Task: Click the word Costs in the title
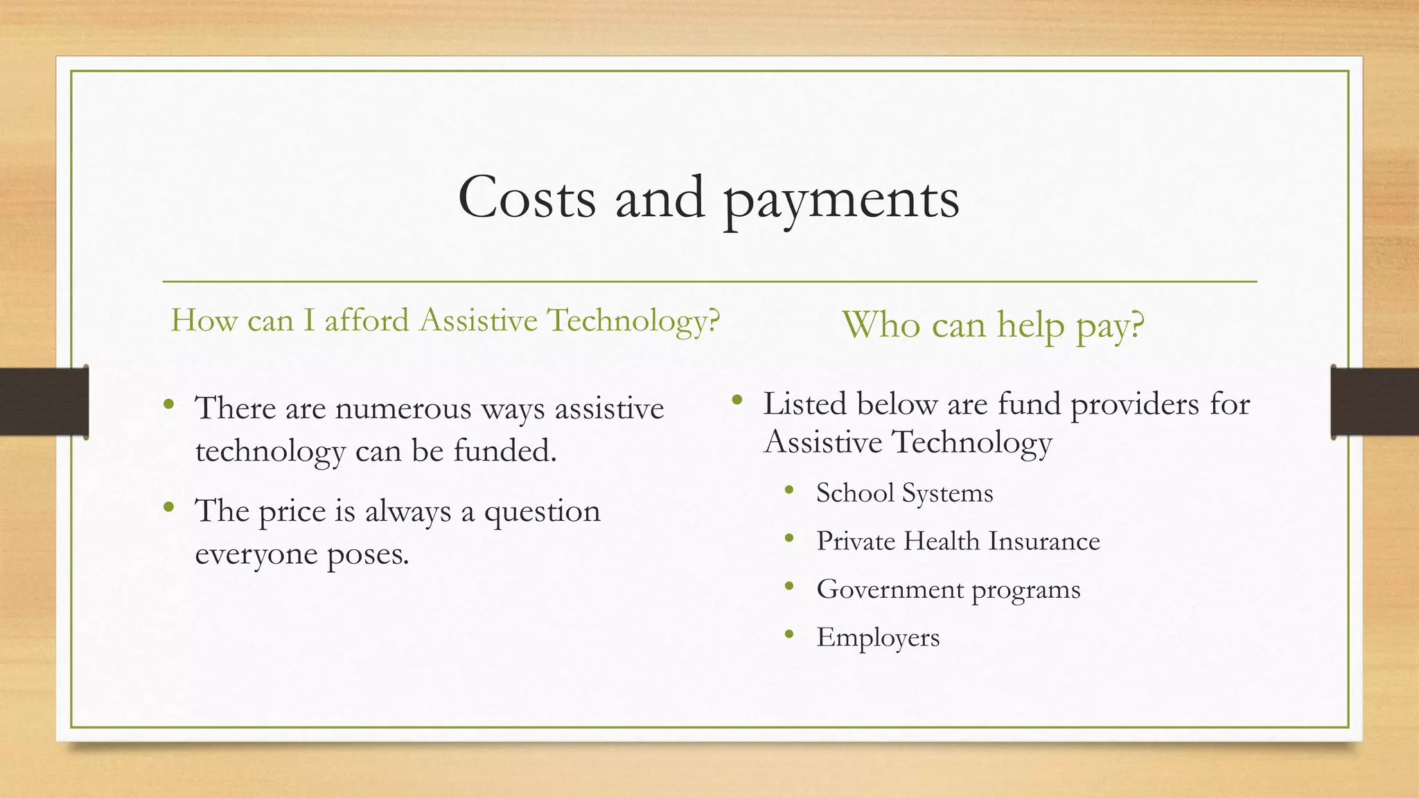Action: point(527,198)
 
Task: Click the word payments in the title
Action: point(841,201)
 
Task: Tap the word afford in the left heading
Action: point(367,320)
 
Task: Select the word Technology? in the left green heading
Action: point(633,321)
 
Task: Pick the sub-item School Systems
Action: point(904,493)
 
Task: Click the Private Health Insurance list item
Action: point(958,541)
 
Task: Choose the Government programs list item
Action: point(948,589)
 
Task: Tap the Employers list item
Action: point(878,637)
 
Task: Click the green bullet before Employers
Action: point(789,634)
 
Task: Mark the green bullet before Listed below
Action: point(737,399)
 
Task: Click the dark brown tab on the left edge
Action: point(44,402)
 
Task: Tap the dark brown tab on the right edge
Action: point(1375,402)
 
